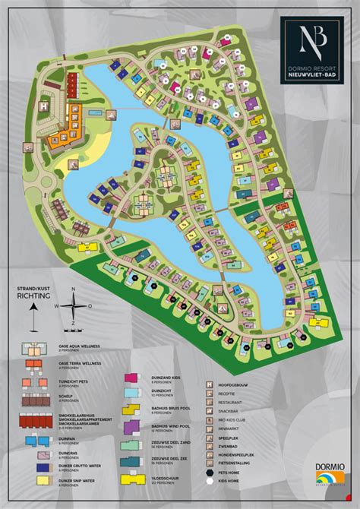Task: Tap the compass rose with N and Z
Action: (73, 308)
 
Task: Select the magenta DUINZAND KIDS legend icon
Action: (131, 378)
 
